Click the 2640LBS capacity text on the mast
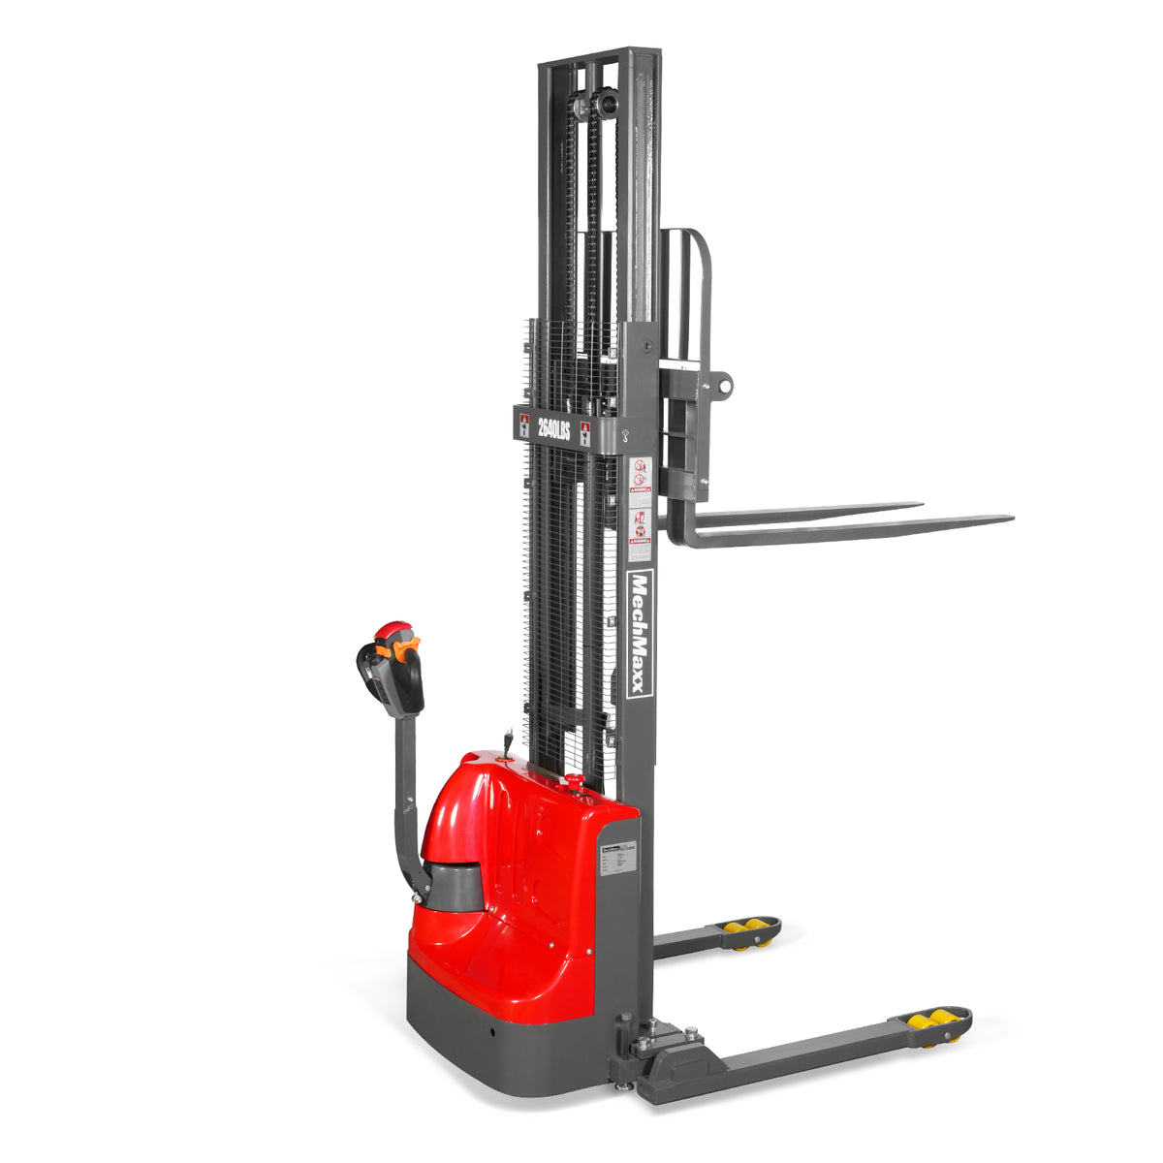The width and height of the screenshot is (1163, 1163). pyautogui.click(x=553, y=427)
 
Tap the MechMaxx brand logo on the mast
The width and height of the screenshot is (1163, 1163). pyautogui.click(x=640, y=634)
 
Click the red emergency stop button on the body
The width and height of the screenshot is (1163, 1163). pyautogui.click(x=573, y=780)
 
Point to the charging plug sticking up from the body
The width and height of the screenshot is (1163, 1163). pyautogui.click(x=506, y=743)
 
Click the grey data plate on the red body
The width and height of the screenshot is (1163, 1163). pyautogui.click(x=616, y=859)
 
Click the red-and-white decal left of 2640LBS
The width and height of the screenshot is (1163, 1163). pyautogui.click(x=524, y=425)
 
